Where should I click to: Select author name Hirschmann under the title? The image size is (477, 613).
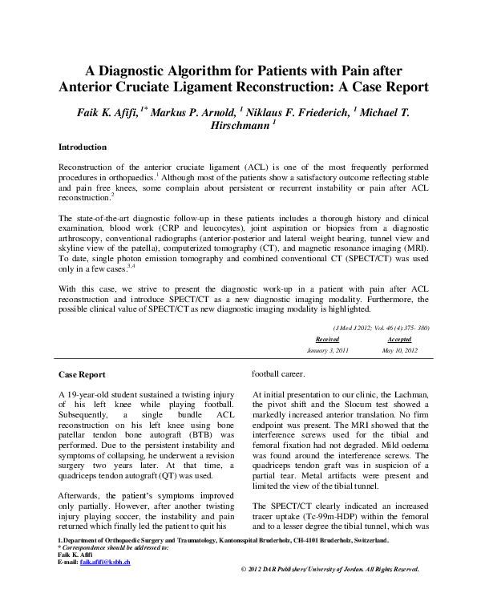237,126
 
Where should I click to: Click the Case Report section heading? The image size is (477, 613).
83,374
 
